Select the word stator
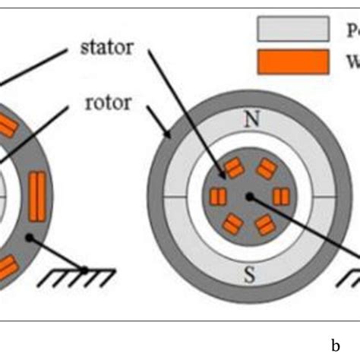tap(107, 48)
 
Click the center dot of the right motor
tap(250, 196)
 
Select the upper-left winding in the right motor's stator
tap(234, 169)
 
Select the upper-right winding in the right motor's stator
tap(266, 169)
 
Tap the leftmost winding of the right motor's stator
tap(219, 197)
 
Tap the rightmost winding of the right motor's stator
tap(281, 197)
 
